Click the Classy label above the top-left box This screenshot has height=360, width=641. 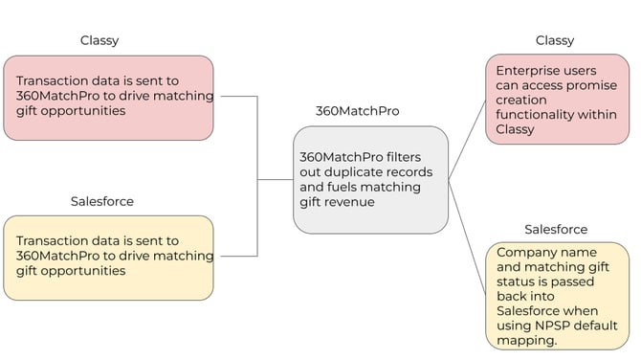[x=99, y=40]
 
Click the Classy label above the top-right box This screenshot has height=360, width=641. [x=555, y=40]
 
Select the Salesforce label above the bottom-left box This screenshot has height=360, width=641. [x=102, y=201]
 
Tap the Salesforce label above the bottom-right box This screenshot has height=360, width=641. [x=556, y=230]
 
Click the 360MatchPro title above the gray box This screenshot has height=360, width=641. [x=357, y=111]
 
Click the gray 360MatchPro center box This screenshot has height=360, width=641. [x=370, y=180]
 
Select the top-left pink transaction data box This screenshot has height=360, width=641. [x=108, y=97]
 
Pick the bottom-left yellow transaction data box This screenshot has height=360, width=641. [x=108, y=257]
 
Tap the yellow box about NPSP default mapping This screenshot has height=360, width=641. [x=556, y=295]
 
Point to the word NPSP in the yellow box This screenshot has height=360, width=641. [x=547, y=326]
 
